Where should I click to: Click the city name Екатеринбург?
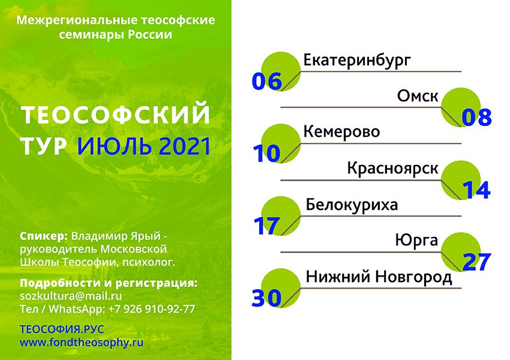coord(357,61)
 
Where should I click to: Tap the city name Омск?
coord(418,96)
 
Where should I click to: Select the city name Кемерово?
coord(341,132)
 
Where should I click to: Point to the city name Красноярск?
coord(392,169)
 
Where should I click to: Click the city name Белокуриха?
coord(352,205)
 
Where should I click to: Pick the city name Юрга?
coord(416,241)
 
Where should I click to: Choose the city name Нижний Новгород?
coord(379,277)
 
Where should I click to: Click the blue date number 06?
coord(267,82)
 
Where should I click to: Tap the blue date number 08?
coord(476,118)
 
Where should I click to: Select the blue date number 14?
coord(476,190)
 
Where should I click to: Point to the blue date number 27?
coord(476,262)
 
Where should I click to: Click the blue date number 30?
coord(266,298)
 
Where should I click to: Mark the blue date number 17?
coord(266,226)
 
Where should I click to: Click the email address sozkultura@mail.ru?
coord(71,296)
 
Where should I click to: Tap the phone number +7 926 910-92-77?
coord(152,308)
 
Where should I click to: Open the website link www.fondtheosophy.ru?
coord(82,343)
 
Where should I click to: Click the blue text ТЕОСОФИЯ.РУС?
coord(62,329)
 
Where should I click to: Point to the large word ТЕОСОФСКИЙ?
coord(115,114)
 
